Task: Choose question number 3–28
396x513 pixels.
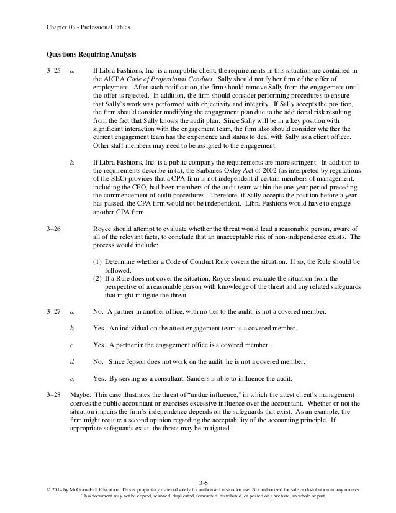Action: tap(54, 378)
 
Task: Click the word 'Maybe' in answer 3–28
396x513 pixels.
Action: tap(79, 378)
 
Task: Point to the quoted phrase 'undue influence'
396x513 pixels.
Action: tap(209, 378)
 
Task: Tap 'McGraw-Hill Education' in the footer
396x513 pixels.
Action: tap(81, 490)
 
